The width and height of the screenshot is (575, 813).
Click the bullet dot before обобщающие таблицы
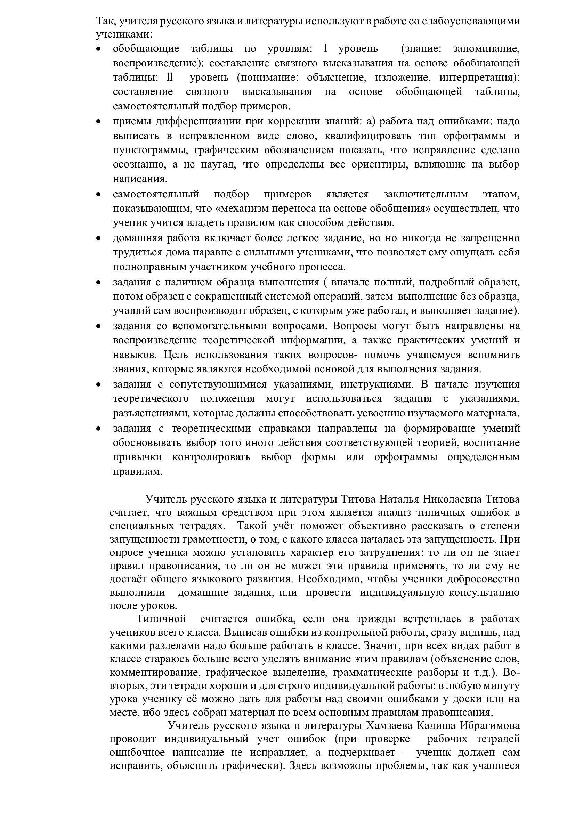[99, 49]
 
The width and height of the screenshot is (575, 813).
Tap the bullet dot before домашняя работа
[99, 238]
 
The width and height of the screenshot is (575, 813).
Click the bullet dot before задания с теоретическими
[99, 429]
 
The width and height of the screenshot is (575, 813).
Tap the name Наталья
[399, 499]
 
